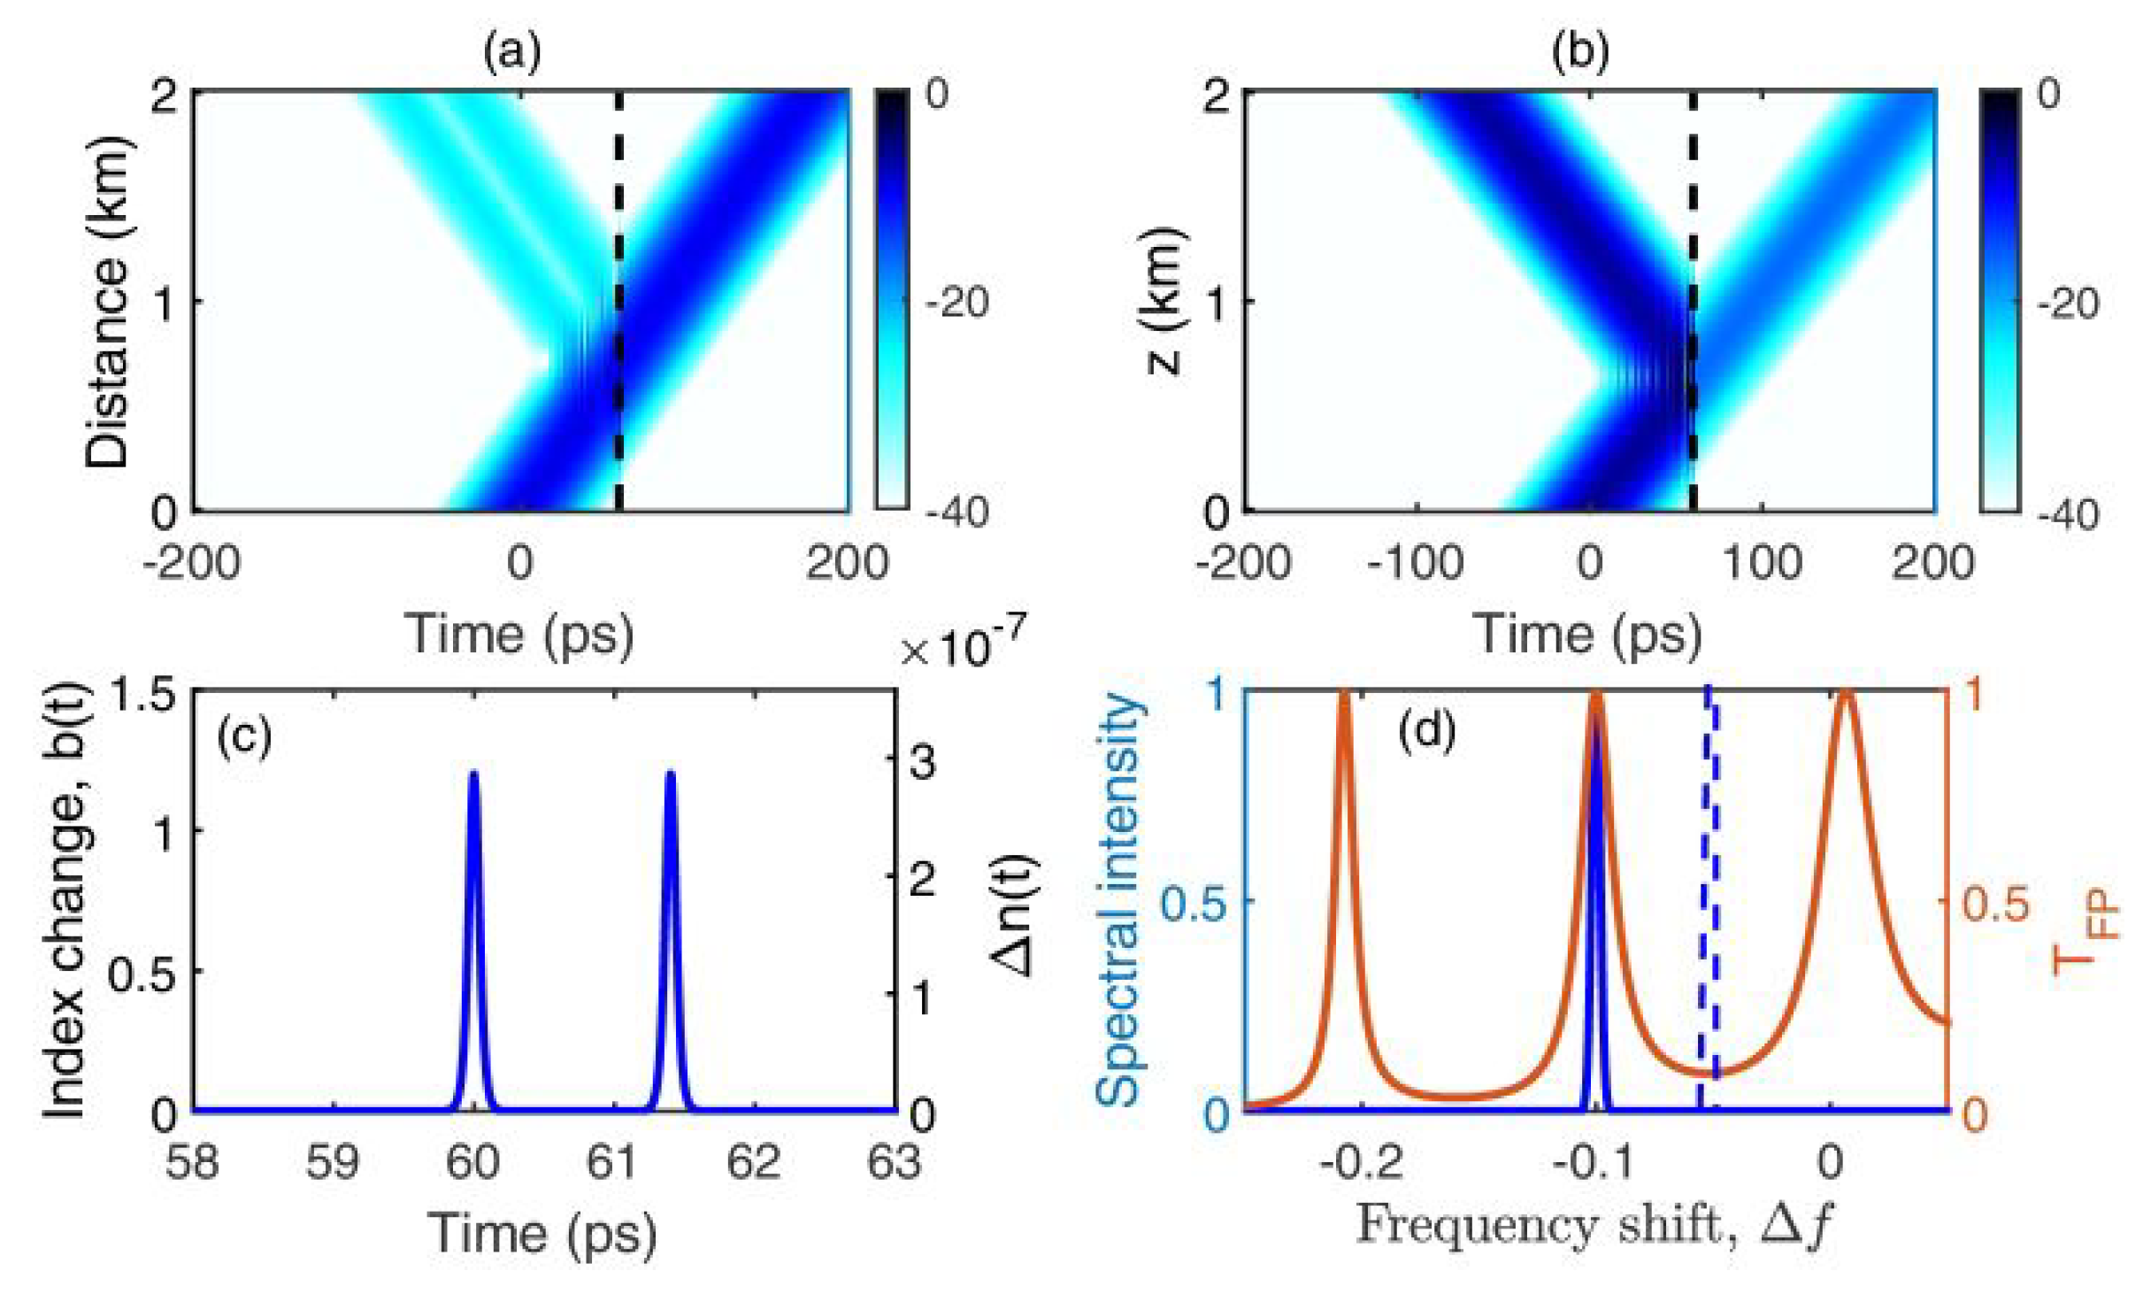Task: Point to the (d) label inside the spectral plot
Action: click(x=1427, y=731)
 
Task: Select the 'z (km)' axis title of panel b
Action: click(x=1165, y=301)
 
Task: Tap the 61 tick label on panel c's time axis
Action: click(x=612, y=1162)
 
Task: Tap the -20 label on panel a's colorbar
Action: click(x=956, y=304)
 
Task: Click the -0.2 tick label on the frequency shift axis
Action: click(x=1360, y=1162)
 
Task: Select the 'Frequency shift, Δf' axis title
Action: click(x=1592, y=1226)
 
